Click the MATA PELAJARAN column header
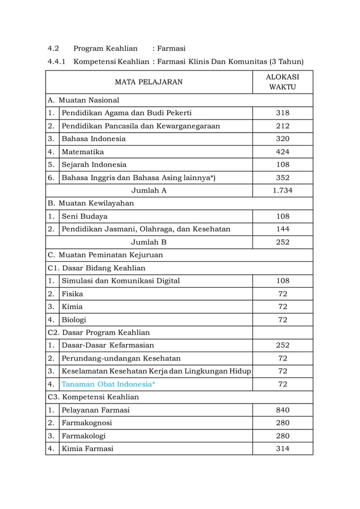coord(148,82)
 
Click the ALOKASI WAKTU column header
coord(282,82)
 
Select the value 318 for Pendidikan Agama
coord(282,113)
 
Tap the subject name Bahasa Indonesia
coord(94,139)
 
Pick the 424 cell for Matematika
coord(282,152)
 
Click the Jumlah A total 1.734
coord(282,191)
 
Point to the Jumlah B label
coord(148,242)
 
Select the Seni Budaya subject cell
coord(85,216)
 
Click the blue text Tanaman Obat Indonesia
coord(108,384)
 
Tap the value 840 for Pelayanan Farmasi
coord(282,410)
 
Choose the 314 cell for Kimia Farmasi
coord(282,449)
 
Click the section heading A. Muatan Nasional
coord(84,100)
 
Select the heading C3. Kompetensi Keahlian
coord(93,397)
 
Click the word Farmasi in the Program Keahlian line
coord(172,49)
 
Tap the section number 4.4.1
coord(57,62)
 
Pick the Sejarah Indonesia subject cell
coord(94,165)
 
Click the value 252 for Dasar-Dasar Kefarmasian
coord(282,345)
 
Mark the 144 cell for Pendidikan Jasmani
coord(282,229)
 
